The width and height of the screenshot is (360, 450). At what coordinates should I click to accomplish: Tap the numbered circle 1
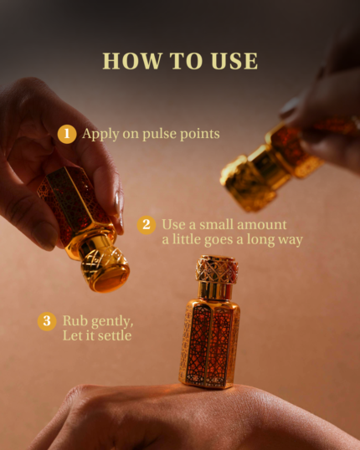[67, 134]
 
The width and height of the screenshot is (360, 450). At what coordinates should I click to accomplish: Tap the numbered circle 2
[147, 225]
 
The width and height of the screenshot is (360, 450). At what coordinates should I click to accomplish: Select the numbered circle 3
[47, 321]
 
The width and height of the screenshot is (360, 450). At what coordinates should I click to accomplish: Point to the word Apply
[100, 135]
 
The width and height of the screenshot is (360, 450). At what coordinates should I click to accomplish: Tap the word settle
[115, 335]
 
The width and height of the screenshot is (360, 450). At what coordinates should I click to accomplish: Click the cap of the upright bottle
[217, 277]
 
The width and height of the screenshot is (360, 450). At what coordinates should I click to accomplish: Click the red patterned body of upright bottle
[210, 345]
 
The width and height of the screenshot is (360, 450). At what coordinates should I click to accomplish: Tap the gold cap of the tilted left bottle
[105, 264]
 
